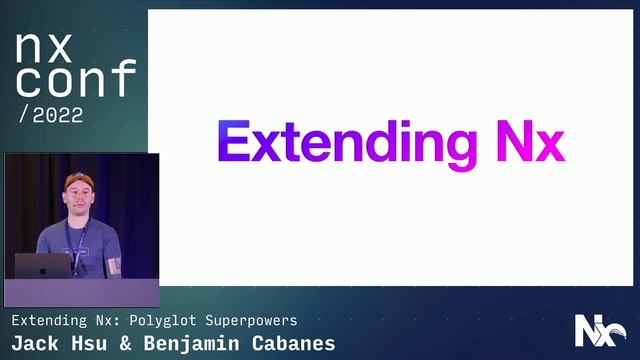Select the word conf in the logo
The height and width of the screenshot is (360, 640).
75,79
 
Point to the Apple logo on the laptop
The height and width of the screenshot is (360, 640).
43,265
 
